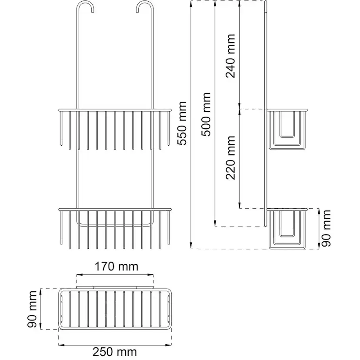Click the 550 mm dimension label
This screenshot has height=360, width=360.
click(182, 123)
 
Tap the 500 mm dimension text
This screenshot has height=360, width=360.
click(206, 114)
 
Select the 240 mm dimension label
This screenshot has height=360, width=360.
click(230, 56)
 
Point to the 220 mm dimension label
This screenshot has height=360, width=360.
click(230, 157)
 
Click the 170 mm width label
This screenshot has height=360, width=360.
click(117, 267)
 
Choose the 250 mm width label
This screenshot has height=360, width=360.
click(115, 352)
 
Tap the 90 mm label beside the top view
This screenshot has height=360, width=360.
click(32, 309)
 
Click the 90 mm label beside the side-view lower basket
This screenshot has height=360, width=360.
click(326, 228)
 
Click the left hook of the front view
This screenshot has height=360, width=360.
click(85, 7)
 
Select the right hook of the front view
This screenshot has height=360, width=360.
click(145, 7)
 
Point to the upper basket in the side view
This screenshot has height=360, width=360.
click(287, 129)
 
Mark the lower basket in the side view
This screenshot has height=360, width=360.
click(287, 228)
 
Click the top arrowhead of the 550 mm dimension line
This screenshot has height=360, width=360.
click(191, 3)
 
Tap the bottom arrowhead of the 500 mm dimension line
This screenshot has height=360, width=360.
click(215, 223)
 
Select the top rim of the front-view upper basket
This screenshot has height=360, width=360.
click(115, 110)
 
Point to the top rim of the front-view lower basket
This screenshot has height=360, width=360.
click(115, 210)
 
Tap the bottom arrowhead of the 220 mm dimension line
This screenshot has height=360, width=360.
click(240, 205)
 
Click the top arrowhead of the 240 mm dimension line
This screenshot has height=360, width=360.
click(240, 3)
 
